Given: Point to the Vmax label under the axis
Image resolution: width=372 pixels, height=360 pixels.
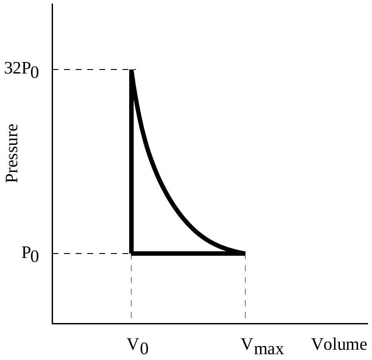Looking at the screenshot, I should point(262,346).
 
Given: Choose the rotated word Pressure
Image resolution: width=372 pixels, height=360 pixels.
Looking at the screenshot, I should point(12,153).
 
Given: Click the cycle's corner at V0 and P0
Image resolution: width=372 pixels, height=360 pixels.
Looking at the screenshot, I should point(131,253).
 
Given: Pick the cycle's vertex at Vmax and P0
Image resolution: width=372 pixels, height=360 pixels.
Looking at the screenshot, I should point(245,253).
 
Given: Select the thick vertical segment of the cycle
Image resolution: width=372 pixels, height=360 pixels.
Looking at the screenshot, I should point(131,169).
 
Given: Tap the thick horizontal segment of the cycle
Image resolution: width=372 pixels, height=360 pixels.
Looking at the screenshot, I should point(187,253).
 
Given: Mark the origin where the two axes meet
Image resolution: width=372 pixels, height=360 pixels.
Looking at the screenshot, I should point(53,323).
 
